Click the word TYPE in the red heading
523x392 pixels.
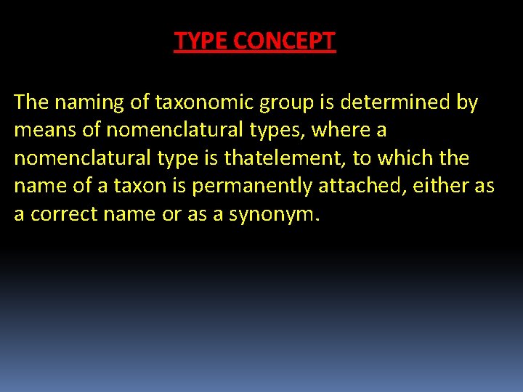(x=200, y=41)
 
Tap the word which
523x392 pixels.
(x=402, y=158)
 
